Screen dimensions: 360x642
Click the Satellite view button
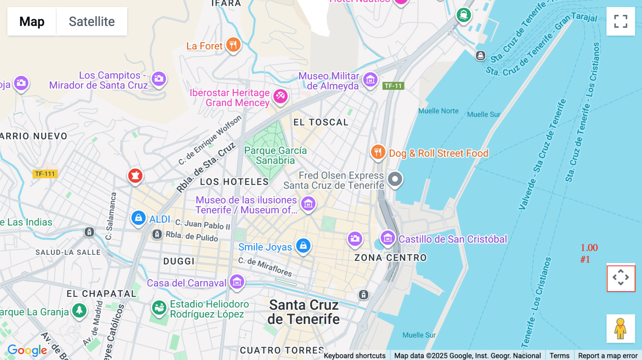pyautogui.click(x=92, y=21)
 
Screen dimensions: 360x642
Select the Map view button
pyautogui.click(x=32, y=21)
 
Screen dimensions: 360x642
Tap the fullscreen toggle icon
pyautogui.click(x=621, y=21)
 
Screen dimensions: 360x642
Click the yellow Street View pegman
pyautogui.click(x=621, y=328)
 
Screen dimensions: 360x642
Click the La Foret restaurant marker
pyautogui.click(x=233, y=45)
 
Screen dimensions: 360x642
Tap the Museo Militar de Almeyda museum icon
pyautogui.click(x=370, y=80)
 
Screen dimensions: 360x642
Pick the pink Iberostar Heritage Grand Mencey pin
pyautogui.click(x=280, y=96)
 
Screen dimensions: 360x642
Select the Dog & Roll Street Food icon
pyautogui.click(x=378, y=152)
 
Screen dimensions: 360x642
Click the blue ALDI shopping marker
pyautogui.click(x=138, y=217)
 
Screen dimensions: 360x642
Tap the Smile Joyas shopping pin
pyautogui.click(x=303, y=246)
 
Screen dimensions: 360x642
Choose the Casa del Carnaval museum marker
pyautogui.click(x=237, y=282)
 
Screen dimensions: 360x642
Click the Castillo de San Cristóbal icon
pyautogui.click(x=388, y=238)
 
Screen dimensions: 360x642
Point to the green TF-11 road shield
pyautogui.click(x=393, y=86)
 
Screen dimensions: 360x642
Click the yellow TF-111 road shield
pyautogui.click(x=45, y=174)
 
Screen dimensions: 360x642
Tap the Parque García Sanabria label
pyautogui.click(x=275, y=155)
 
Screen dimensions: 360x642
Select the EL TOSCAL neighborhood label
pyautogui.click(x=321, y=122)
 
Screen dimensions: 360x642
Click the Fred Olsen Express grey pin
pyautogui.click(x=395, y=179)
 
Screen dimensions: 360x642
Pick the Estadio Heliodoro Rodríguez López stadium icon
pyautogui.click(x=159, y=307)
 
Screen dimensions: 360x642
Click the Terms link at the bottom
pyautogui.click(x=559, y=355)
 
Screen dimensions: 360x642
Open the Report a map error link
pyautogui.click(x=608, y=355)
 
